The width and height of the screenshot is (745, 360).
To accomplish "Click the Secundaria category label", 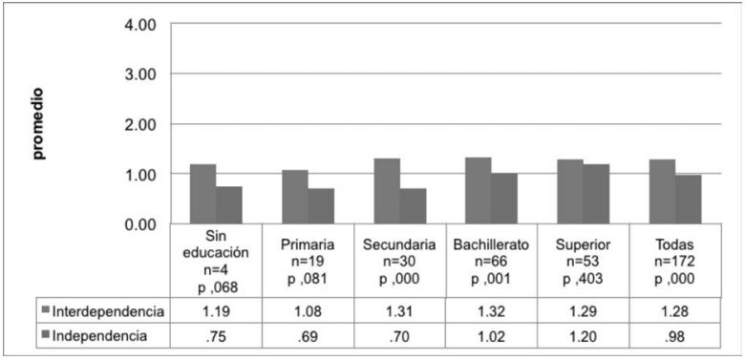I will (x=398, y=244).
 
